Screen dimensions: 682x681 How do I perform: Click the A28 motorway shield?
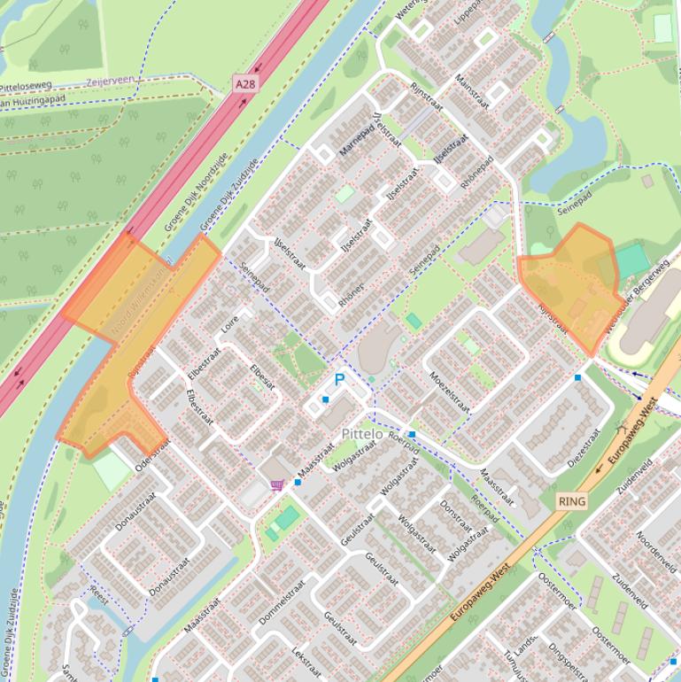click(x=245, y=83)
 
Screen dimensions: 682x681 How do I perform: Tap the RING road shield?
click(x=572, y=501)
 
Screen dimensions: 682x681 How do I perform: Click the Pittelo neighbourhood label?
click(x=362, y=434)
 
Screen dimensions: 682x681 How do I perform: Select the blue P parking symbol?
click(x=339, y=380)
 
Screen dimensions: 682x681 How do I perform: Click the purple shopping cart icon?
click(x=277, y=484)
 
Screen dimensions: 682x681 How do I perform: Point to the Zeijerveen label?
click(x=111, y=81)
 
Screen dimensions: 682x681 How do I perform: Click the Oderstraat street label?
click(x=153, y=455)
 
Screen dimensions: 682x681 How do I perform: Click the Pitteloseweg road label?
click(x=27, y=87)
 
